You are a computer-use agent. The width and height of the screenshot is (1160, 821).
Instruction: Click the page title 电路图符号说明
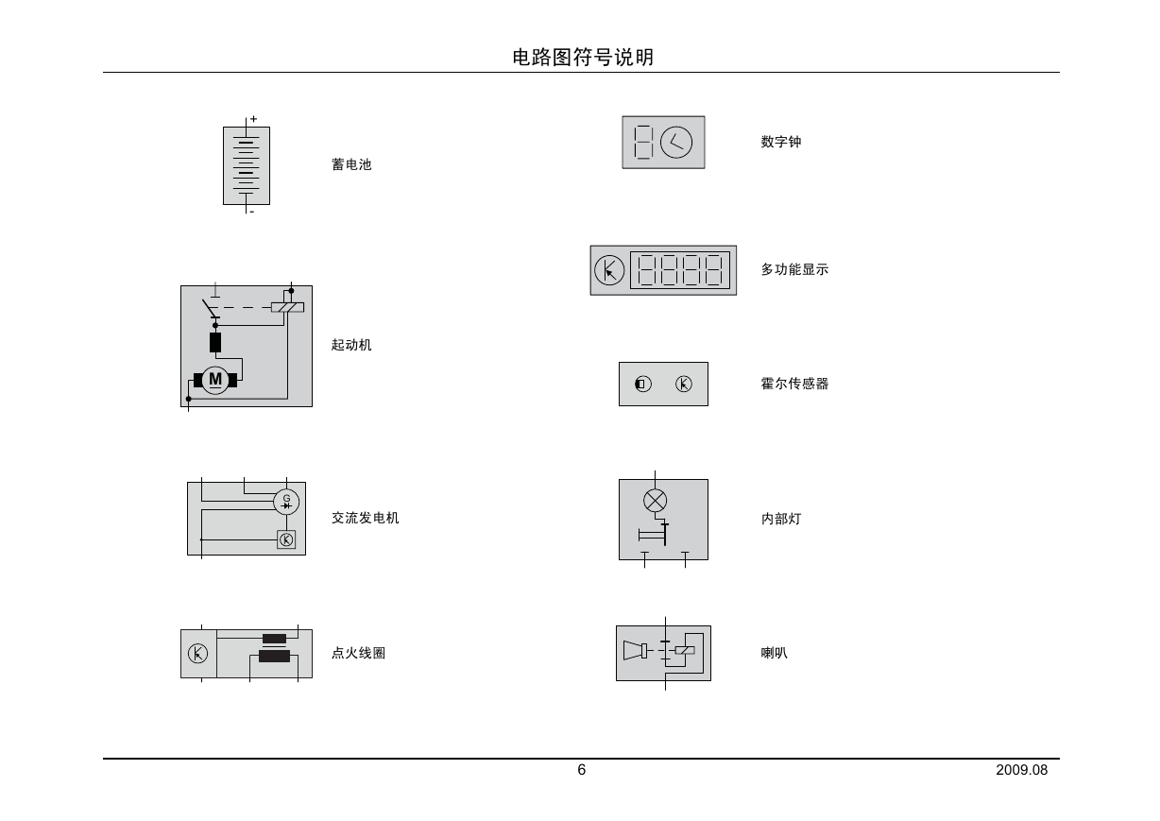pos(583,57)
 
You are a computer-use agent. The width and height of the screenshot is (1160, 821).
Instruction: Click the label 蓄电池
pos(351,164)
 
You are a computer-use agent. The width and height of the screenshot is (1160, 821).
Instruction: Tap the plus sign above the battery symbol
pos(253,119)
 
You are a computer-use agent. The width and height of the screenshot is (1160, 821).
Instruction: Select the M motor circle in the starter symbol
pos(215,380)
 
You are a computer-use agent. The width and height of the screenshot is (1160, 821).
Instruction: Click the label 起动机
pos(351,345)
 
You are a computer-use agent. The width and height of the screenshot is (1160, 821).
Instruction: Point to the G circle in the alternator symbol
pos(286,502)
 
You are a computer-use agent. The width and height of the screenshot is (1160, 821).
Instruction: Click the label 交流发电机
pos(365,518)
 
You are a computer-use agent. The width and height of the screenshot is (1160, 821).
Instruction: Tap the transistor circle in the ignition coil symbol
pos(197,653)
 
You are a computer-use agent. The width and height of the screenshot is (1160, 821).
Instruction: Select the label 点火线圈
pos(358,653)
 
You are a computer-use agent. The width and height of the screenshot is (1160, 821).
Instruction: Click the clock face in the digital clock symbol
pos(675,142)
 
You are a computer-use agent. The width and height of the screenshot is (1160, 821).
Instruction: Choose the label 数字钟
pos(781,142)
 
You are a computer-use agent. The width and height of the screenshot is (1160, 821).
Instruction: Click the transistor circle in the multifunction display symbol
pos(609,270)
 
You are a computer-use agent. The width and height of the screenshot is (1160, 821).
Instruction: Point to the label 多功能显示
pos(794,269)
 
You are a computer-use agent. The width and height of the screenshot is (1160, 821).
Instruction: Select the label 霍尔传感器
pos(794,384)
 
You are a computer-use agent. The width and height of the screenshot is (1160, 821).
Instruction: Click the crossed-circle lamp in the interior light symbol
pos(655,501)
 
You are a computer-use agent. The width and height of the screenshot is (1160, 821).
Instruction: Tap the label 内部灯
pos(781,519)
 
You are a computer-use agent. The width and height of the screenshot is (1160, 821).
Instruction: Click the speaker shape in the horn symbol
pos(635,650)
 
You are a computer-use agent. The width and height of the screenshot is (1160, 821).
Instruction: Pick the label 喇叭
pos(775,653)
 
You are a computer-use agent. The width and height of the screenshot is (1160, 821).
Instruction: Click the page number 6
pos(582,770)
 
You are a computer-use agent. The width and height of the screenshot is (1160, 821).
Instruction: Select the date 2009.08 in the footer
pos(1021,770)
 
